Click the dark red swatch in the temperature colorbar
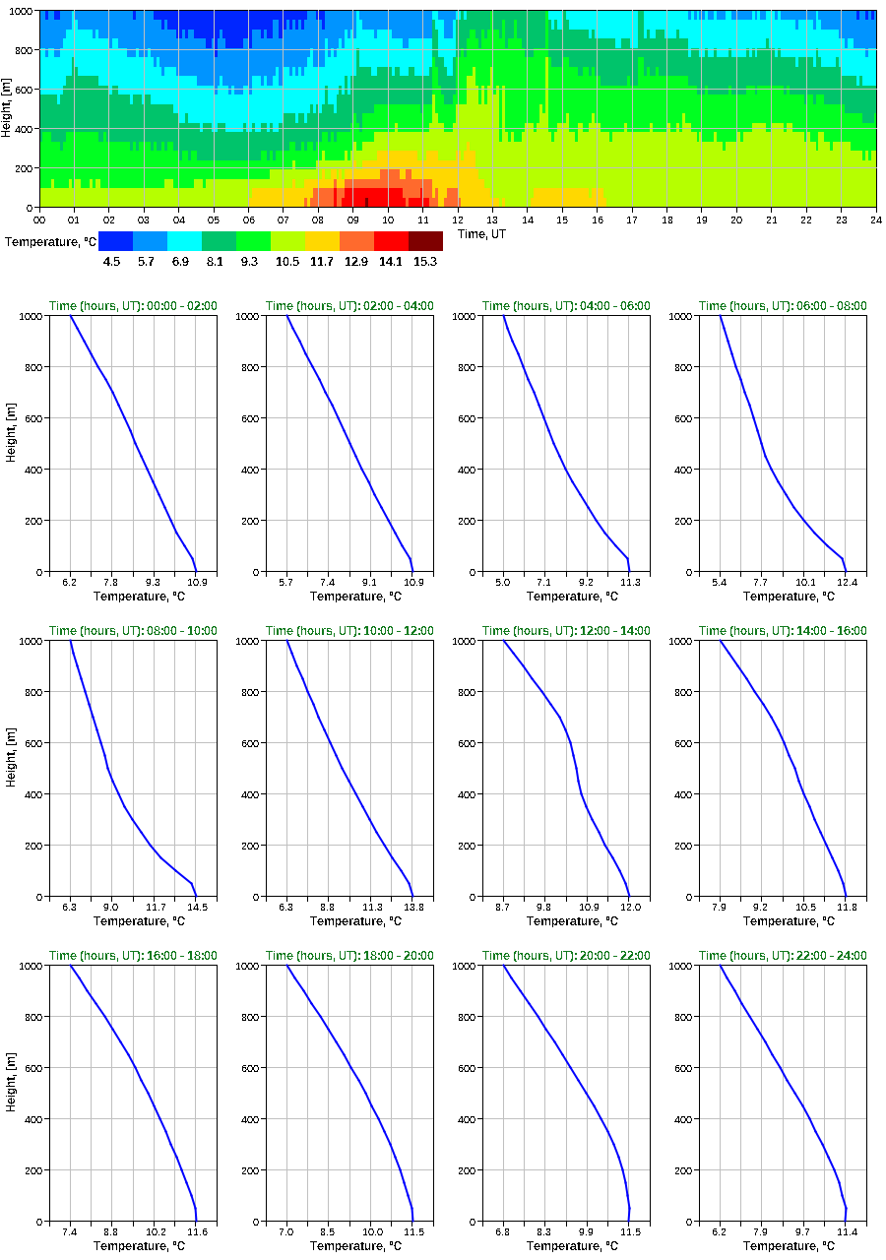pyautogui.click(x=425, y=241)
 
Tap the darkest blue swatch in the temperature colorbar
pyautogui.click(x=115, y=241)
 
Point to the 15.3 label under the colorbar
pyautogui.click(x=425, y=262)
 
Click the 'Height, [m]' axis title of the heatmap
pyautogui.click(x=8, y=108)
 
